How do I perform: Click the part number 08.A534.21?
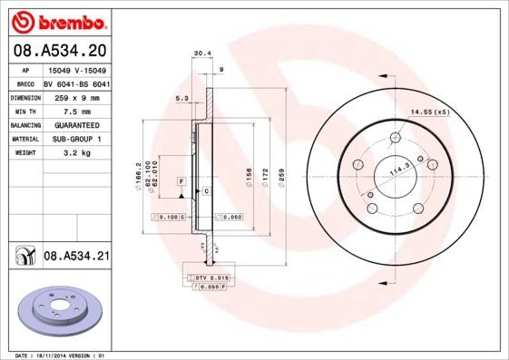76,258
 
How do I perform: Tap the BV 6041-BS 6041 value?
77,82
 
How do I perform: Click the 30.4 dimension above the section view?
203,54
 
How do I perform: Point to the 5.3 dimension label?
181,99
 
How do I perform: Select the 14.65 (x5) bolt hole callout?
429,112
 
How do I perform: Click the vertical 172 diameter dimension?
264,171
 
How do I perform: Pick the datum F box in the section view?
182,182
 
